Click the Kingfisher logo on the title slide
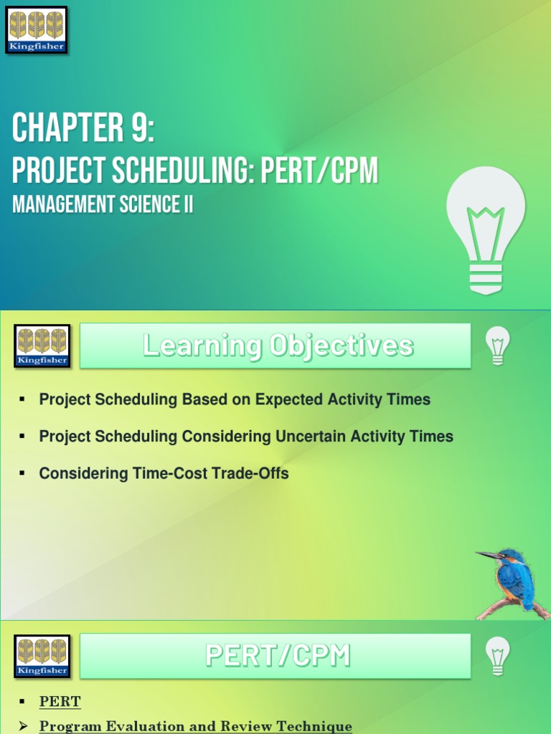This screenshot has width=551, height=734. (x=37, y=29)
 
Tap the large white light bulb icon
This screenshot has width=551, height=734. (x=486, y=230)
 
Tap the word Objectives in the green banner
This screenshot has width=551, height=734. (x=342, y=345)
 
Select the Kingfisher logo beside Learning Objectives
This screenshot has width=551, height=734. (x=42, y=346)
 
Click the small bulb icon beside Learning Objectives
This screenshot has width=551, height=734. (x=498, y=345)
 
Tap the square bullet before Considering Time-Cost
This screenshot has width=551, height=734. (x=23, y=473)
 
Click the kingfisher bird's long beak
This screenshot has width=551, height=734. (x=488, y=556)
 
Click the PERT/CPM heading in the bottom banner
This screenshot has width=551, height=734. (x=278, y=655)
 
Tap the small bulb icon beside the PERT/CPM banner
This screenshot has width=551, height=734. (x=498, y=656)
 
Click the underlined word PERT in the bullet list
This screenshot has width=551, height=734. (x=60, y=701)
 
